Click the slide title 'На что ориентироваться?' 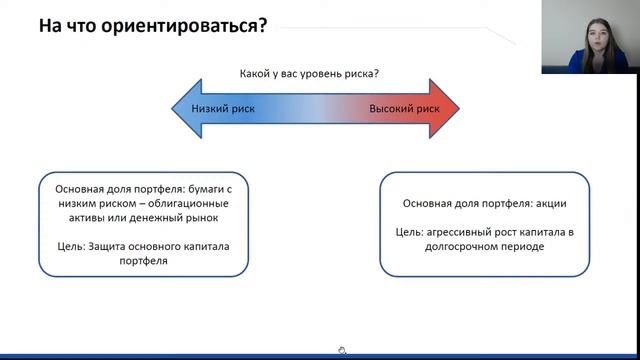[x=152, y=25]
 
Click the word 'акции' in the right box [x=550, y=203]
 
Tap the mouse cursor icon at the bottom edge [x=342, y=351]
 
